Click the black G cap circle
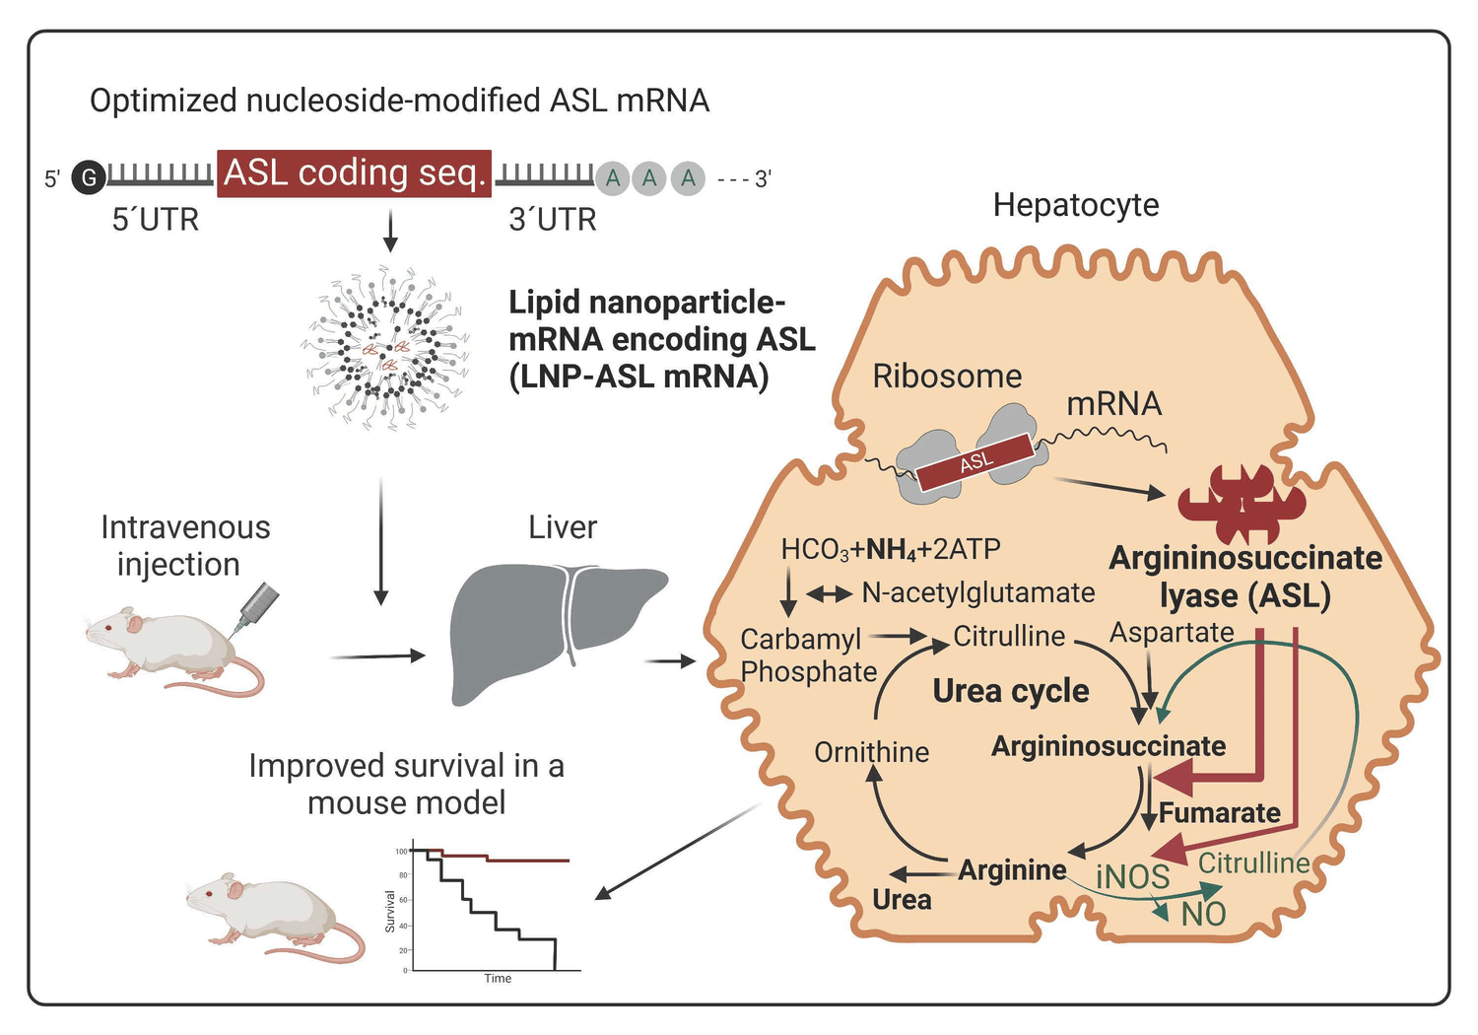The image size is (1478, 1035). [89, 177]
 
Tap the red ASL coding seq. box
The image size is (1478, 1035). [354, 173]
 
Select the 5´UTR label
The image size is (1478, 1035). [156, 219]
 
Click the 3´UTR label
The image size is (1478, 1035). [553, 219]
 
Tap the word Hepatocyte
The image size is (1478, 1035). [1075, 205]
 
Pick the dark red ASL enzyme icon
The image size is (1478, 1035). [1242, 503]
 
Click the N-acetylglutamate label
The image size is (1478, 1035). [977, 592]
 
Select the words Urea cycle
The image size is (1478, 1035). [1011, 691]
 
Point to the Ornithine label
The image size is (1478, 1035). [871, 752]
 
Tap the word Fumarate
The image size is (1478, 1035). [1220, 813]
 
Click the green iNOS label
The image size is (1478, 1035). [1133, 876]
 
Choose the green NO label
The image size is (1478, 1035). [1203, 915]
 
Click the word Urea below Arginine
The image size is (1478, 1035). [902, 900]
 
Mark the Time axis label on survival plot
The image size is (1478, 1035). [498, 979]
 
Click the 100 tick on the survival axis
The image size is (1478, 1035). [401, 851]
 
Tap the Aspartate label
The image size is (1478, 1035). [1172, 633]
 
